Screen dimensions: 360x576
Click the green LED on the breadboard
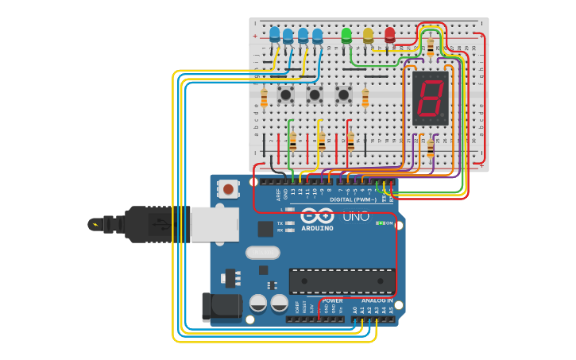click(x=346, y=35)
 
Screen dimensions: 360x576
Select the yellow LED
click(x=368, y=35)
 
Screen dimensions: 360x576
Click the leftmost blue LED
click(x=275, y=35)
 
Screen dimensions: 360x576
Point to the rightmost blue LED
click(x=318, y=36)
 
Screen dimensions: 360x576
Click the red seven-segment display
click(x=430, y=99)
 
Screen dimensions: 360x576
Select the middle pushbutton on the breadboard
click(x=315, y=95)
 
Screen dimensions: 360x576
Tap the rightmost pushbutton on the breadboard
click(x=343, y=95)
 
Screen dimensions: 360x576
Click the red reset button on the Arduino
click(x=228, y=189)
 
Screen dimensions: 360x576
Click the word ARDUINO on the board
click(x=317, y=228)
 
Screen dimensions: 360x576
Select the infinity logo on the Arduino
click(x=317, y=215)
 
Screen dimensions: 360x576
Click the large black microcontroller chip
click(x=342, y=281)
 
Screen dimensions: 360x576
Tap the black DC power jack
click(x=220, y=307)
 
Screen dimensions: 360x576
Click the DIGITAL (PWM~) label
click(x=353, y=199)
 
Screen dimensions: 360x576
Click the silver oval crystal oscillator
click(x=262, y=253)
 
